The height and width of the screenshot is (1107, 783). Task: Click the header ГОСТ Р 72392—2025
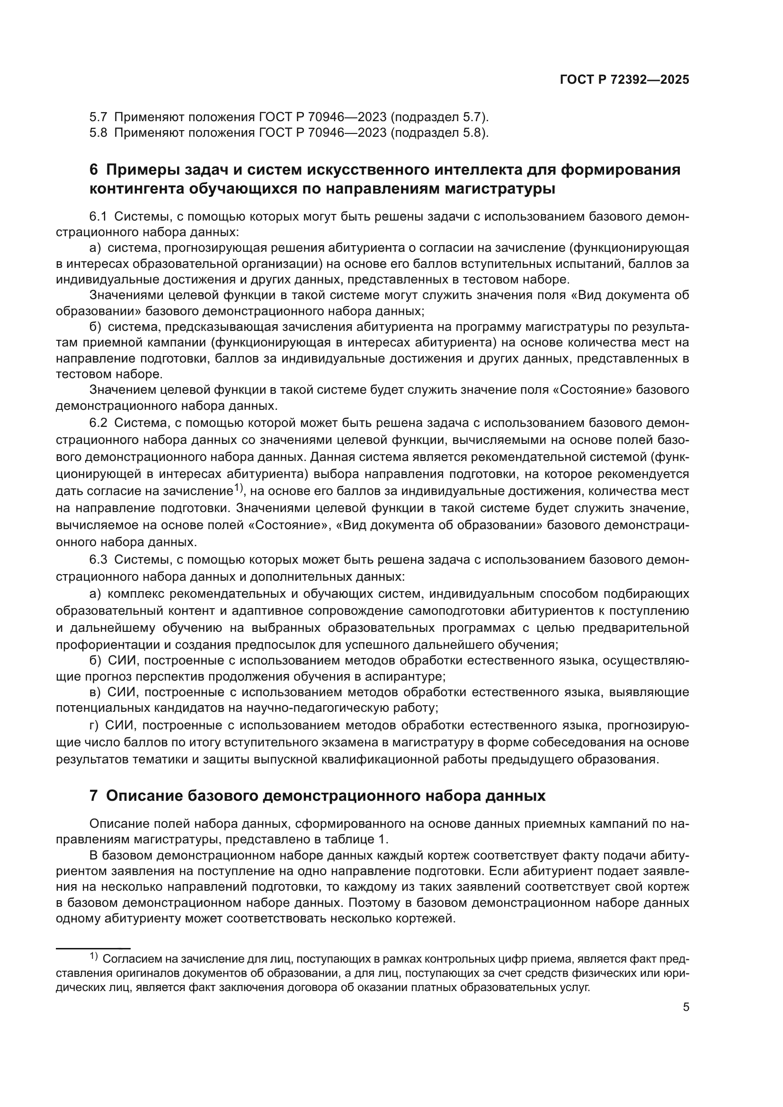click(x=624, y=80)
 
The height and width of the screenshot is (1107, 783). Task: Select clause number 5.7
click(x=98, y=117)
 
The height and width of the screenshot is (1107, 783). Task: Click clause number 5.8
click(x=98, y=133)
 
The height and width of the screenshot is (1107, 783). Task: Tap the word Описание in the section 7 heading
click(x=143, y=796)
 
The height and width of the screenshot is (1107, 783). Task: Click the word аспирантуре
click(x=409, y=676)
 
